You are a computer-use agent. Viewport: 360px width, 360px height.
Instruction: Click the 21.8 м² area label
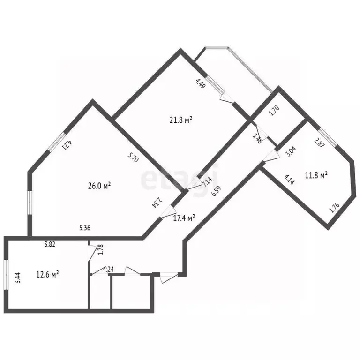(x=180, y=120)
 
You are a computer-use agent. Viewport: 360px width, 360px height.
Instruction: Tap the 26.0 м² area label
(x=99, y=186)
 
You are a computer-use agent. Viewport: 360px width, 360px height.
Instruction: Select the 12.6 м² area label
(x=47, y=274)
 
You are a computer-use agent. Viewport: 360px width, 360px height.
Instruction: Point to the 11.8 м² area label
(x=316, y=175)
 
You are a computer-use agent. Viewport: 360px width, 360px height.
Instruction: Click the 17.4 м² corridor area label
(x=184, y=218)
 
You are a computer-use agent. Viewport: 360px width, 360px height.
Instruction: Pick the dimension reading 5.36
(x=85, y=228)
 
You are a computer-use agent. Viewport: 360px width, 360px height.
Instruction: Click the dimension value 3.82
(x=50, y=244)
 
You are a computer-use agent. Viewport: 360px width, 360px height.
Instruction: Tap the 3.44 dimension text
(x=18, y=277)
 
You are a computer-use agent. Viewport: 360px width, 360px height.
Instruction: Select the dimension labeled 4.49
(x=201, y=83)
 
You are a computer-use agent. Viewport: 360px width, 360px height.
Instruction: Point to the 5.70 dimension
(x=133, y=157)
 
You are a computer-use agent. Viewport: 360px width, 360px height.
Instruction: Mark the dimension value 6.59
(x=216, y=191)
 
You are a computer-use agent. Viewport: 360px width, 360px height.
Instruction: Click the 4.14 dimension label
(x=290, y=180)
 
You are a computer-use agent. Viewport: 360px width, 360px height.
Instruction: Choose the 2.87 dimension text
(x=319, y=142)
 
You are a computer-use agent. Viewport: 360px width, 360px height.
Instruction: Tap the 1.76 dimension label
(x=334, y=208)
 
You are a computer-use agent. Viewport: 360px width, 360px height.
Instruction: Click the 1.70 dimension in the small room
(x=274, y=111)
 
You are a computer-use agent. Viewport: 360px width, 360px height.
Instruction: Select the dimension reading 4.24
(x=108, y=269)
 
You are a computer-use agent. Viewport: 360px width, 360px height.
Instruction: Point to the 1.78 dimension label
(x=101, y=249)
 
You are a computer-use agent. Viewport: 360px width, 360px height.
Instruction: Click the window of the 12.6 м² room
(x=6, y=275)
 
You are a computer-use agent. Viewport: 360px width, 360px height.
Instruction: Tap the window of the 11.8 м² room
(x=328, y=137)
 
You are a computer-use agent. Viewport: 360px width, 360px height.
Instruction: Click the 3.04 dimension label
(x=291, y=151)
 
